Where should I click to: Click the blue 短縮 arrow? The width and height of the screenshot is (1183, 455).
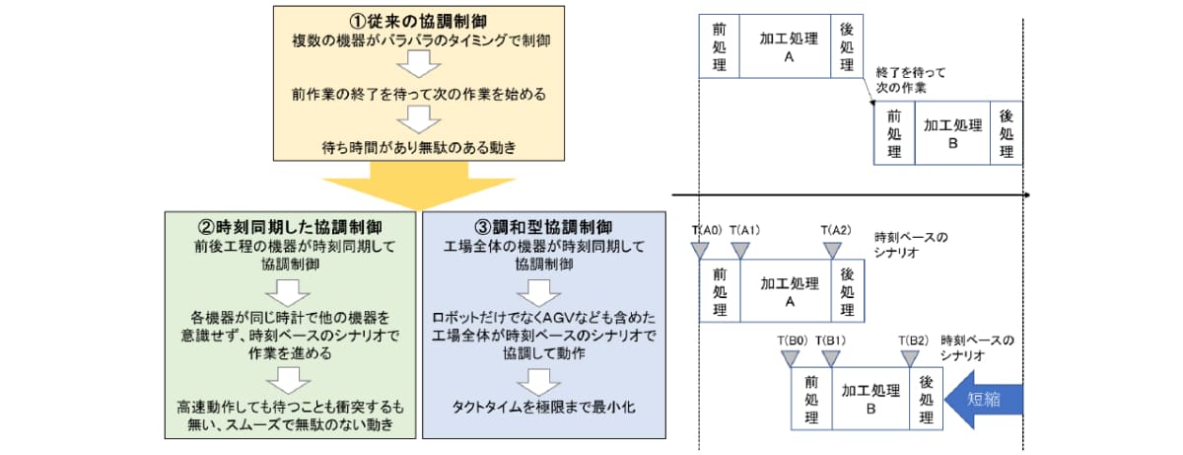(x=983, y=399)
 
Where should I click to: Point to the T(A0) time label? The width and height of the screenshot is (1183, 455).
(x=707, y=229)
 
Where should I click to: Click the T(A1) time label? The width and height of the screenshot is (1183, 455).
(x=744, y=229)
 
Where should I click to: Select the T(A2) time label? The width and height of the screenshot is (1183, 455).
(x=836, y=229)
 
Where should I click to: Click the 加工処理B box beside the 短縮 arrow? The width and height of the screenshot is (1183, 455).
(x=870, y=399)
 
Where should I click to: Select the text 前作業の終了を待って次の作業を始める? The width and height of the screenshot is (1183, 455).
(x=419, y=95)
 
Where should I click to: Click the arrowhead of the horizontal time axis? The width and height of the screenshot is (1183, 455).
(x=1026, y=195)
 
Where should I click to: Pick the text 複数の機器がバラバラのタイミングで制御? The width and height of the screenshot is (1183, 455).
(x=419, y=40)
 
